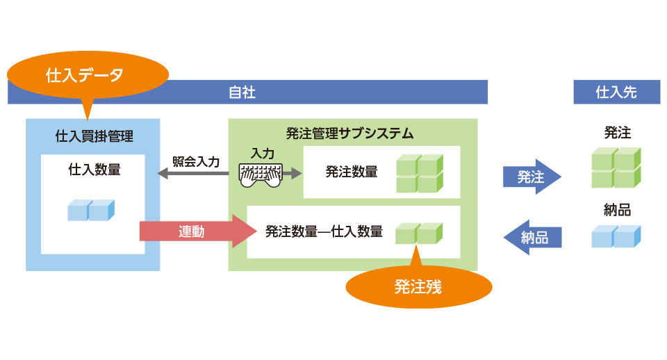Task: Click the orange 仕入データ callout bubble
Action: (88, 74)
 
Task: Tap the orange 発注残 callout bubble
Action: (418, 286)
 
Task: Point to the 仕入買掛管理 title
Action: (94, 135)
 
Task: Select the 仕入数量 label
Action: (94, 169)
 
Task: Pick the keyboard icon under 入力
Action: (261, 175)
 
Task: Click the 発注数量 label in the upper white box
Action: (352, 172)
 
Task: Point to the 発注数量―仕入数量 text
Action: (324, 231)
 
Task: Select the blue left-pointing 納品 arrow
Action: (532, 237)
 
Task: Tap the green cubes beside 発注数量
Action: (419, 173)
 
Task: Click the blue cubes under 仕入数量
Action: (91, 210)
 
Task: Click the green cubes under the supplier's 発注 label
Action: (616, 167)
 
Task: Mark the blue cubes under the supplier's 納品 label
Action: (616, 236)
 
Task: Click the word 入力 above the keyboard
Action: (262, 153)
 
